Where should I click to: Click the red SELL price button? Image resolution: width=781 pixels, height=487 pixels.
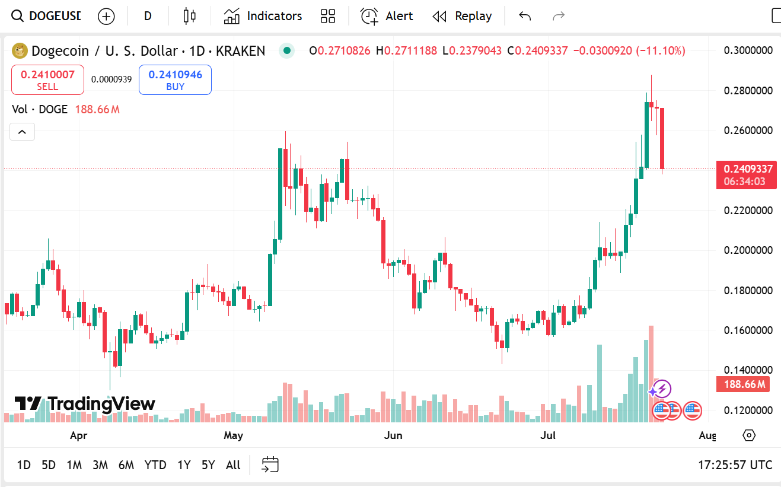pos(47,80)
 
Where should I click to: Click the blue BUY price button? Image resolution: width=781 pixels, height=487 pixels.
pos(175,80)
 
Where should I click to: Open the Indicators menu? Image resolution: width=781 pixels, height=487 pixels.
pos(263,16)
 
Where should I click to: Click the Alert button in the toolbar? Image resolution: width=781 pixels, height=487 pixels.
pos(387,16)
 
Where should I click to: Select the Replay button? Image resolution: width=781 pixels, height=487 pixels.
pos(462,16)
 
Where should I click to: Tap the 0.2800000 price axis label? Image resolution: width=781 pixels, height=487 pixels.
pos(748,90)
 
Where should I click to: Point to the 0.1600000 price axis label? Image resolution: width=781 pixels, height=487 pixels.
pos(748,330)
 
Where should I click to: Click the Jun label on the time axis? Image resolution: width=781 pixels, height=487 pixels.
pos(393,436)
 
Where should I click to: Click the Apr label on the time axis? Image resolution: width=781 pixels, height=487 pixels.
pos(78,436)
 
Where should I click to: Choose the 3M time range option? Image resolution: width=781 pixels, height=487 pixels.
pos(100,465)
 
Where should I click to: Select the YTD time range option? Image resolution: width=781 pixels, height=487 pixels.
pos(155,465)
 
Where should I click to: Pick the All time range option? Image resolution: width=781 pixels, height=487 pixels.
pos(233,465)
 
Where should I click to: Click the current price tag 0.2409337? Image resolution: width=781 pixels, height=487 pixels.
pos(746,169)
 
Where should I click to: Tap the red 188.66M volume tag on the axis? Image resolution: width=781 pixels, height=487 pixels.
pos(745,384)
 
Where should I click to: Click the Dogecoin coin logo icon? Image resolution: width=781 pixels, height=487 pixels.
pos(20,51)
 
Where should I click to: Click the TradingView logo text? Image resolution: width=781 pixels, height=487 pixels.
pos(85,404)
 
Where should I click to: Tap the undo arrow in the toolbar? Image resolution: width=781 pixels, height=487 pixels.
pos(525,16)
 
